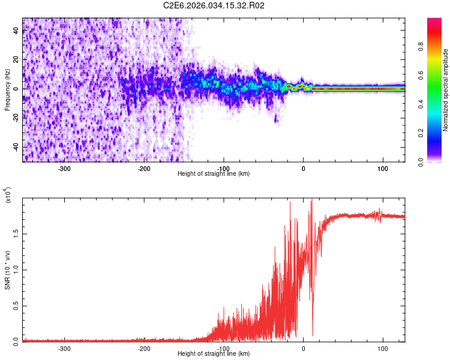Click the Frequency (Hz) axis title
[7, 90]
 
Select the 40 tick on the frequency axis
[16, 32]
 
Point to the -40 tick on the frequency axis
[16, 147]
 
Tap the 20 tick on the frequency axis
[16, 61]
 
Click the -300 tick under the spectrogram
[65, 168]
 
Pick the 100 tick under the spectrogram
[382, 168]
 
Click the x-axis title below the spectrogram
[214, 174]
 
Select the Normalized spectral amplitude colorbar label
[446, 90]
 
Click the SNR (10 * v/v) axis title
[7, 270]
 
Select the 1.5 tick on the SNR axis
[16, 233]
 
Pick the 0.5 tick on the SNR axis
[16, 305]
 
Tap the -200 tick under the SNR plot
[144, 348]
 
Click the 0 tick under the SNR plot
[303, 348]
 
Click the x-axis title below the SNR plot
[214, 354]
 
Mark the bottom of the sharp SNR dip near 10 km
[312, 335]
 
